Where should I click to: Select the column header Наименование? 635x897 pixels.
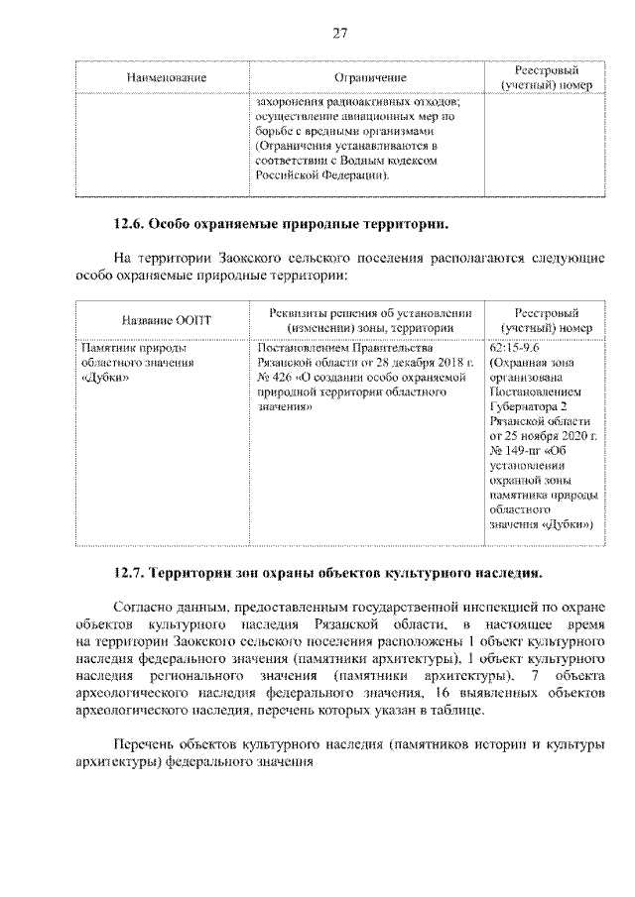tap(166, 77)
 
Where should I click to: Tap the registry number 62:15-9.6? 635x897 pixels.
tap(514, 348)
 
